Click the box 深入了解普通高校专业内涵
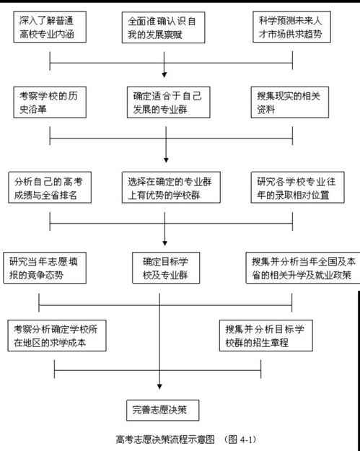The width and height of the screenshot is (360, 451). pos(50,27)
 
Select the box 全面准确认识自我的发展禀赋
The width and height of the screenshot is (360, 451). pos(163,27)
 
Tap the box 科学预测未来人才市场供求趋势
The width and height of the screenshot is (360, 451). pos(291,27)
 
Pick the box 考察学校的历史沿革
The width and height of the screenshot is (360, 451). pos(50,102)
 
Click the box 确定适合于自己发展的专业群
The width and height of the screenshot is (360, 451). pos(169,102)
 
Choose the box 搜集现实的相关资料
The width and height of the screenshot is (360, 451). pos(290,102)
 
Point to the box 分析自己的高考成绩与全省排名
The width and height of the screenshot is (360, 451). pos(50,188)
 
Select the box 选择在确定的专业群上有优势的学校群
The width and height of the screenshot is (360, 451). pos(171,188)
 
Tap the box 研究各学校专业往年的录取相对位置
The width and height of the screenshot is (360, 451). pos(298,188)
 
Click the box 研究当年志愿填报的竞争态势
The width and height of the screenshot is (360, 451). pos(45,268)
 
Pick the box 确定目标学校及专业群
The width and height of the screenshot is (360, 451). pos(166,268)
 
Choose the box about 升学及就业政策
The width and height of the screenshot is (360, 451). pos(303,268)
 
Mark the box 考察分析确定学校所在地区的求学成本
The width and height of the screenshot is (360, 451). pos(57,336)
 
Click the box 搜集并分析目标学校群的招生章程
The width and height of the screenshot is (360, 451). pos(266,336)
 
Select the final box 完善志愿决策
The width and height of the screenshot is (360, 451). pos(163,410)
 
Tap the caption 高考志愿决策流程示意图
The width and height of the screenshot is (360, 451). pos(165,439)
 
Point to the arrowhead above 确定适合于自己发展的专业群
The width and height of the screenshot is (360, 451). pos(164,75)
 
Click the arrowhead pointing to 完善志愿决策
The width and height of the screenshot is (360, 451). pos(159,387)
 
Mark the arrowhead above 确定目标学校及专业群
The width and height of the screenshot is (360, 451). pos(164,243)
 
